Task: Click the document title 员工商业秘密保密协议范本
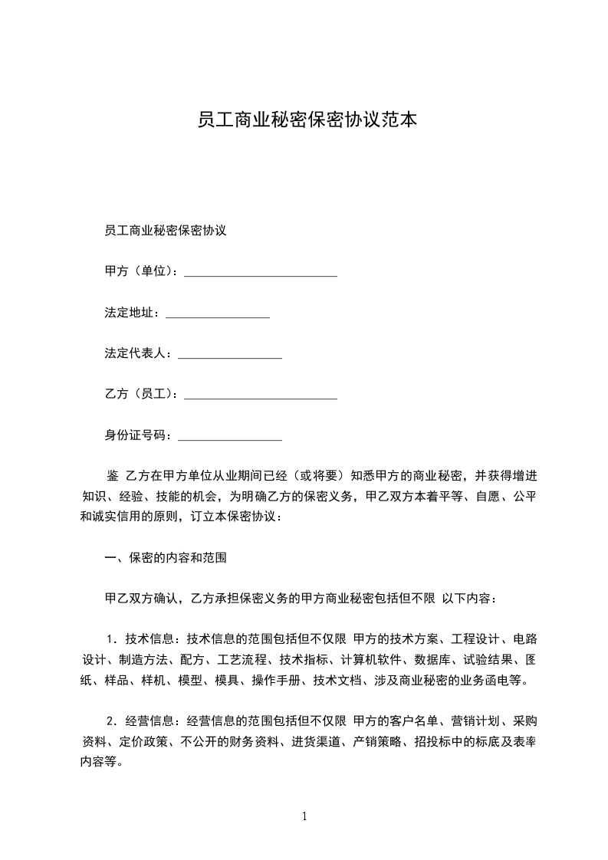click(x=307, y=120)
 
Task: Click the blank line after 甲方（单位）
click(x=261, y=272)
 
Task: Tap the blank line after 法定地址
click(x=218, y=313)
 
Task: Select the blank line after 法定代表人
click(x=230, y=355)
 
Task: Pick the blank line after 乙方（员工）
click(x=261, y=396)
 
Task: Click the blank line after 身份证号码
click(x=230, y=437)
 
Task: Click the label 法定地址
click(x=131, y=313)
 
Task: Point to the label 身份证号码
click(x=137, y=436)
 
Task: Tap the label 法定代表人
click(x=137, y=354)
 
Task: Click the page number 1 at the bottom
click(x=304, y=816)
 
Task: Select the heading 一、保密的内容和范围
click(x=165, y=558)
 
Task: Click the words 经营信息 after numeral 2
click(x=150, y=720)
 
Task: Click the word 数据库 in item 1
click(x=432, y=659)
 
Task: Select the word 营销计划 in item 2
click(x=475, y=720)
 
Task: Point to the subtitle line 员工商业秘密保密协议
click(x=165, y=230)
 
